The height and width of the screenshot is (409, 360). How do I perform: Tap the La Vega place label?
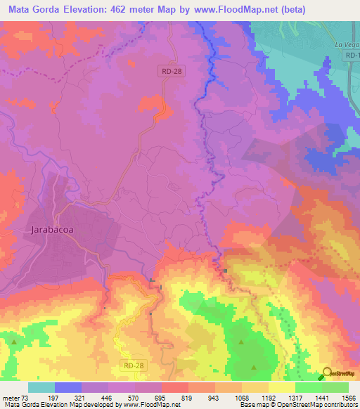coord(346,44)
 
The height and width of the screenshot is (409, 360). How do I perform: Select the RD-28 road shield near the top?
coord(167,70)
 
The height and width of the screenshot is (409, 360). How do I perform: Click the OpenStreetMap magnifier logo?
coord(327,372)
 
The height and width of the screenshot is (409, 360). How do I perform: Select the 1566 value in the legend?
coord(340,397)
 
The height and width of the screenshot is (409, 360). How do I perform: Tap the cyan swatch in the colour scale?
coord(41,387)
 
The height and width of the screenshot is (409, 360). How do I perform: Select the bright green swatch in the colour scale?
coord(309,387)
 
